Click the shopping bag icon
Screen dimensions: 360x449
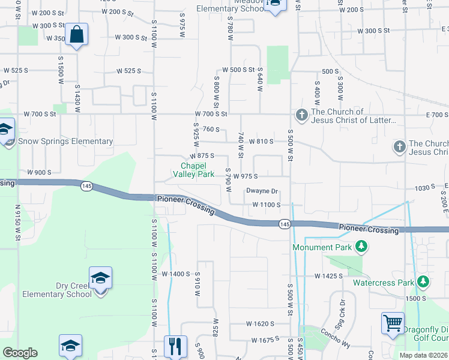pos(77,35)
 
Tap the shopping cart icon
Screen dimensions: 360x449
pos(393,323)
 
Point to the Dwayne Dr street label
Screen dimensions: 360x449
pos(262,191)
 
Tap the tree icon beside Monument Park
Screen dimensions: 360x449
pos(361,247)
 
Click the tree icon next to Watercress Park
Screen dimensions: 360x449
pos(423,281)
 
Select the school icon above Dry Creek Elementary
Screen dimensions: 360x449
pos(101,277)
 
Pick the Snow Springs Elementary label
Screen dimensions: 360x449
pos(65,142)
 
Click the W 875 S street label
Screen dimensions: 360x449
pos(201,155)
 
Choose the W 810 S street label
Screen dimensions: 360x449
pos(260,141)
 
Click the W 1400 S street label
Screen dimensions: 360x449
pos(176,274)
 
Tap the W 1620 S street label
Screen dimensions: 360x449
pos(259,323)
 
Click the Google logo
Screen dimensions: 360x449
pos(20,353)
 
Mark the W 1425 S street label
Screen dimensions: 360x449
pos(328,276)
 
